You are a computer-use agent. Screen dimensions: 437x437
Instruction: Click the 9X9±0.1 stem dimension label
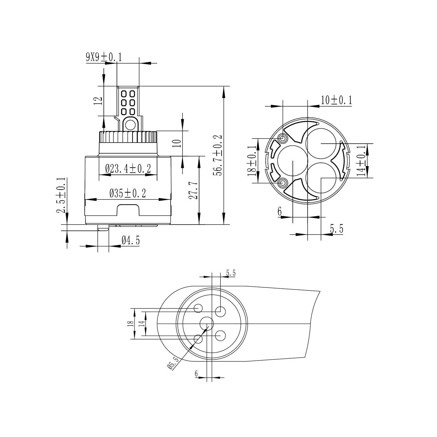click(104, 58)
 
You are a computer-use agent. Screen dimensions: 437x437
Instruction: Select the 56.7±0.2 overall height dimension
click(219, 155)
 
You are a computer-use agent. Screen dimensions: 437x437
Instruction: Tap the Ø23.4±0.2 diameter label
click(128, 169)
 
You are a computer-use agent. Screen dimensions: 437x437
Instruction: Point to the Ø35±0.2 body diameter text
click(128, 194)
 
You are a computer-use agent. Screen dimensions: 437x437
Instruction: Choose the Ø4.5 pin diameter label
click(131, 240)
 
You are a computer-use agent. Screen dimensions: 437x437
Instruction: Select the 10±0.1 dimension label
click(336, 100)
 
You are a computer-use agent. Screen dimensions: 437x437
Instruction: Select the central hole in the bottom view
click(206, 324)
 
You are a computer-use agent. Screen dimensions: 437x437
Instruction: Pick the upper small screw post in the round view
click(282, 139)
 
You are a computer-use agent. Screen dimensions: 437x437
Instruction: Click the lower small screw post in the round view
click(282, 182)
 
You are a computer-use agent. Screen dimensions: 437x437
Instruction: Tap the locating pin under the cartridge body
click(103, 228)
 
